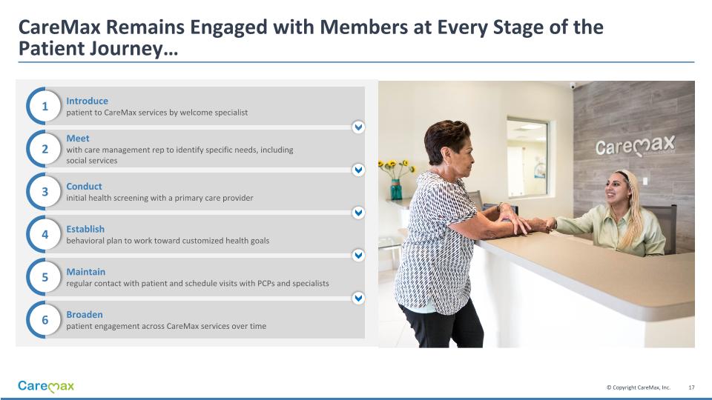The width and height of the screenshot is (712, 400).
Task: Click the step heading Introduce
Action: pos(88,101)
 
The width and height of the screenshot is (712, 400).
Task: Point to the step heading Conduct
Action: pos(84,187)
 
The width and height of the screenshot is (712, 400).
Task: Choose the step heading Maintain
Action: pos(86,272)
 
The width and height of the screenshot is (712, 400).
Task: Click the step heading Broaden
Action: pos(85,314)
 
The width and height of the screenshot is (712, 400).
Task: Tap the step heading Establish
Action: pos(85,229)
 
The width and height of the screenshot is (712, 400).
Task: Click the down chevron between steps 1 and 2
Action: pos(358,127)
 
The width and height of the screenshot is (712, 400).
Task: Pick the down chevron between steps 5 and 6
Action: pos(358,298)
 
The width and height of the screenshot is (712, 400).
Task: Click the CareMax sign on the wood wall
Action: pos(636,146)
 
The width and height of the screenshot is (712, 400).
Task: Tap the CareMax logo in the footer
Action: pos(46,387)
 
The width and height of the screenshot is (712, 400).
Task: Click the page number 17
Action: pos(691,387)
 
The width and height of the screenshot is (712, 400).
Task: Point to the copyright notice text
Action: pos(639,387)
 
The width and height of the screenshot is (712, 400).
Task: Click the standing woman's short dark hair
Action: pos(446,138)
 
